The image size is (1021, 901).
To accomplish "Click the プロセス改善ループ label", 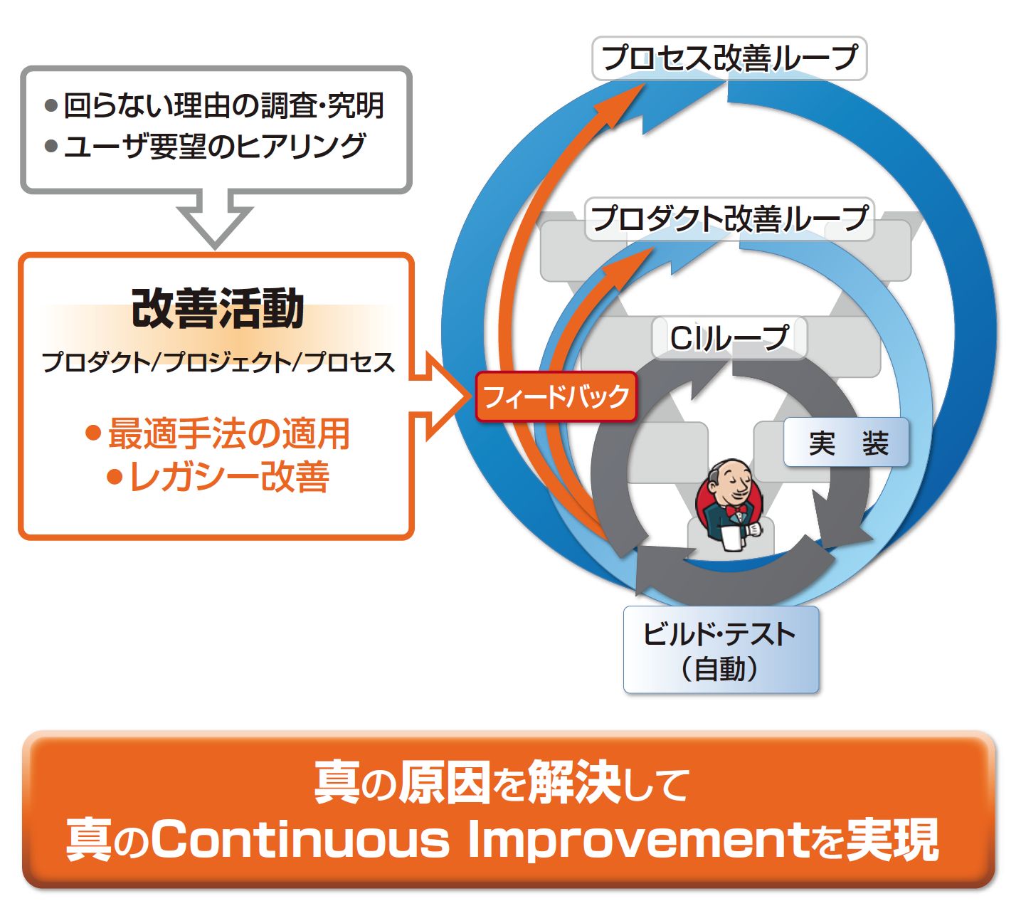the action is (729, 58).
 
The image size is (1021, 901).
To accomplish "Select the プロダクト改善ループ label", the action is (729, 218).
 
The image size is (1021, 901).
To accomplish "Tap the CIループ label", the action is (729, 338).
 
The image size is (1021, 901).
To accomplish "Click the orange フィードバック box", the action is (556, 396).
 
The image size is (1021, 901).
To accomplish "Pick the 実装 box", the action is (846, 442).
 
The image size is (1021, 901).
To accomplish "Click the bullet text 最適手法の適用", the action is (228, 433).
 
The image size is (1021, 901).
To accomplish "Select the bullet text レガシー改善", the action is (229, 476).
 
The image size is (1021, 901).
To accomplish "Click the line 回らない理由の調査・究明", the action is (224, 105).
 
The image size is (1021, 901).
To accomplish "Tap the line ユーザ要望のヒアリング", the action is (215, 146).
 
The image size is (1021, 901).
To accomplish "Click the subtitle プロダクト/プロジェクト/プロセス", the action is (218, 362).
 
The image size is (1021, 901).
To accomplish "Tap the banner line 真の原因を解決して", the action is (502, 783).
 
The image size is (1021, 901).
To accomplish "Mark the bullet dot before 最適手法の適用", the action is (94, 433).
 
